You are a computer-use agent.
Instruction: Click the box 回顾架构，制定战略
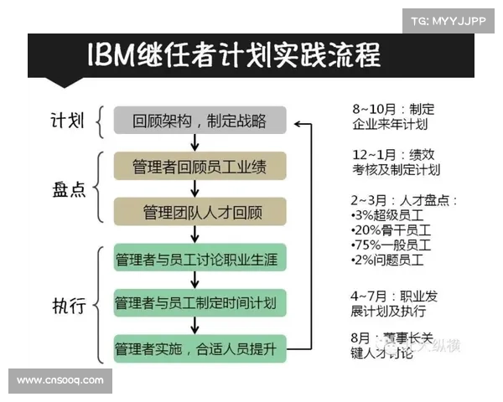(x=200, y=121)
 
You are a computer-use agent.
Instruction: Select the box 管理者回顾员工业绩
(x=200, y=166)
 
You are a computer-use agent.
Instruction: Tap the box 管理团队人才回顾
(x=200, y=210)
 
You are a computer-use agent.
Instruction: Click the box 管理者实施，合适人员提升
(x=200, y=347)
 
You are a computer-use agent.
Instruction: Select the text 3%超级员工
(x=389, y=215)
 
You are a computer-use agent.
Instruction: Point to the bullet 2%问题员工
(x=389, y=260)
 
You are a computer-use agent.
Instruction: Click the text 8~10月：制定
(x=393, y=110)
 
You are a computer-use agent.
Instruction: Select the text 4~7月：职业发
(x=395, y=296)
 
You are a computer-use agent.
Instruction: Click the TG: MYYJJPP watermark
(x=449, y=20)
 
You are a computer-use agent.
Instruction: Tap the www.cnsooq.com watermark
(x=60, y=380)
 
